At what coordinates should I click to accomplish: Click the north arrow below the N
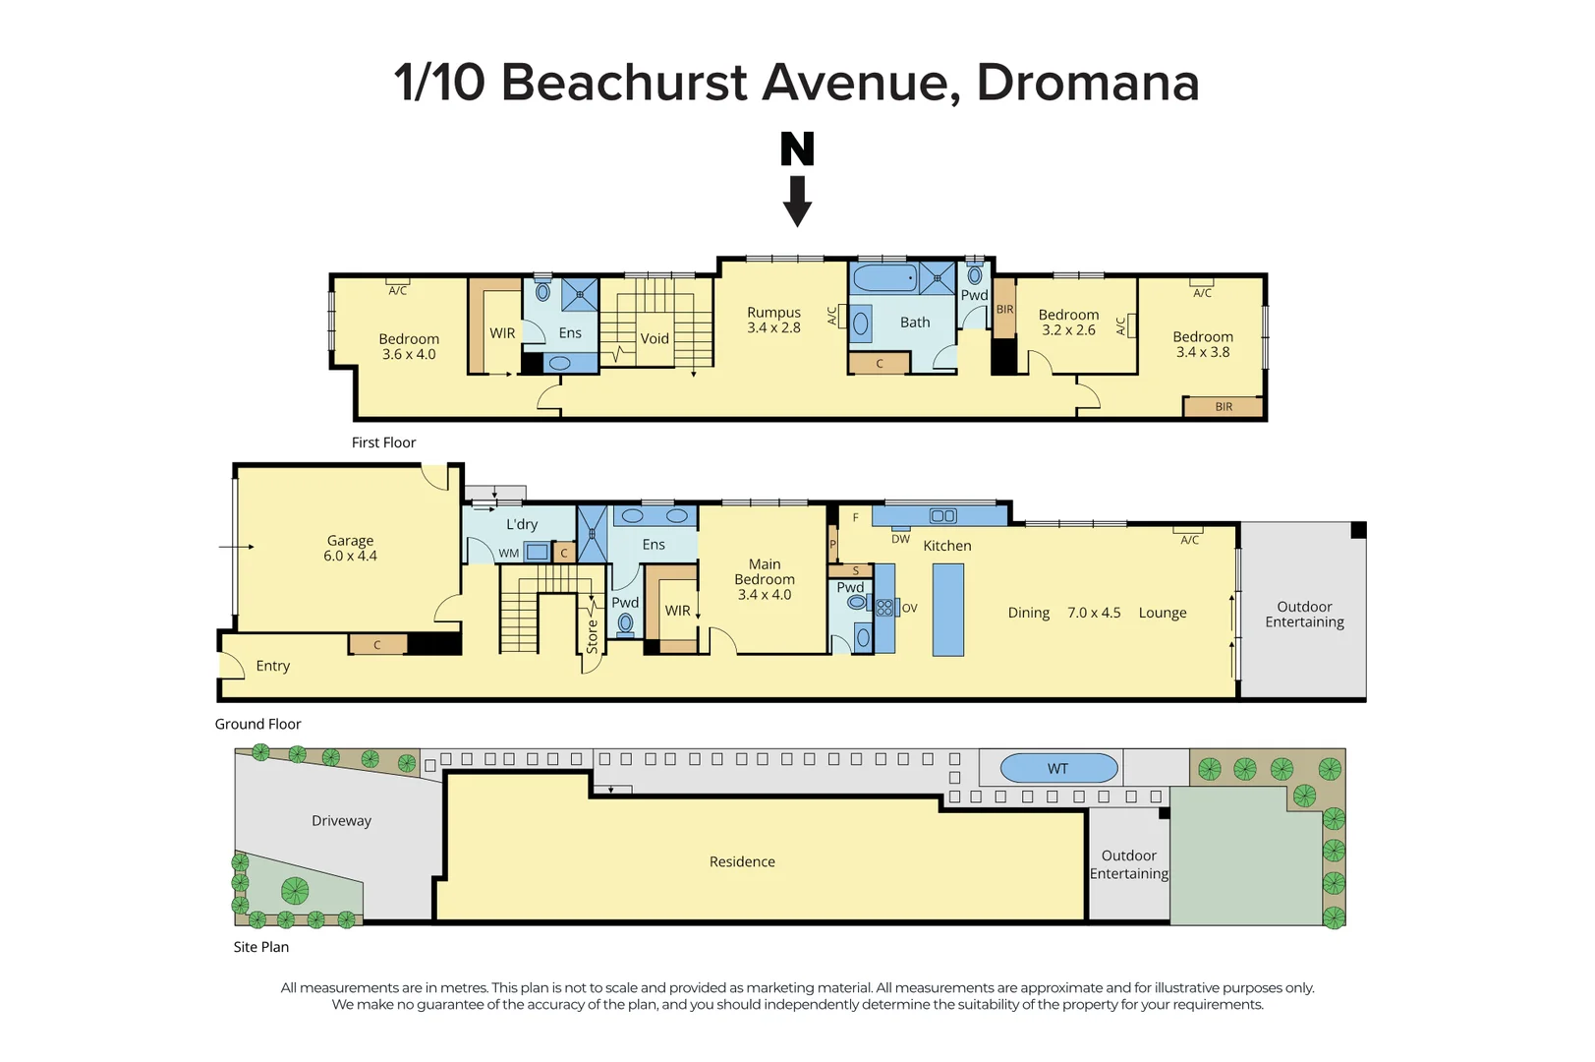click(797, 201)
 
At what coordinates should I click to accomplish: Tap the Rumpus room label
click(773, 313)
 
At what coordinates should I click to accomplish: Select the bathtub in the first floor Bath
click(883, 278)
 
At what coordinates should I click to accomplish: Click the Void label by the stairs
click(655, 338)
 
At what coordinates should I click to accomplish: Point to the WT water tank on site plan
click(1057, 769)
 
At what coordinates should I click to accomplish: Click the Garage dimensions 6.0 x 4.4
click(350, 557)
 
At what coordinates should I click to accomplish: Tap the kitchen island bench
click(947, 611)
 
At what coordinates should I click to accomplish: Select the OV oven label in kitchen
click(909, 609)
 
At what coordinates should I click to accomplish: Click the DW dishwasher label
click(900, 539)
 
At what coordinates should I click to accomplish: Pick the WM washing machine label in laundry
click(508, 554)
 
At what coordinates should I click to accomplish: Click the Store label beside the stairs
click(592, 636)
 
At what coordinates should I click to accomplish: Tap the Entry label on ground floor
click(272, 666)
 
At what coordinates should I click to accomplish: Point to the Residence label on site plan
click(742, 861)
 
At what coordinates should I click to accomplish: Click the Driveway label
click(341, 821)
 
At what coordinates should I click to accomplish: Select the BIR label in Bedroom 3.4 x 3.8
click(1223, 407)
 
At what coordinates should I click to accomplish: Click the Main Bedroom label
click(765, 571)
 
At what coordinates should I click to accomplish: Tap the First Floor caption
click(383, 442)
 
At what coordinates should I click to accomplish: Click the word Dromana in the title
click(1087, 82)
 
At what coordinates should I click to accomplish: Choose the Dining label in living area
click(1028, 613)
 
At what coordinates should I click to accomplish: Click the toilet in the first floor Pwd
click(974, 275)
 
